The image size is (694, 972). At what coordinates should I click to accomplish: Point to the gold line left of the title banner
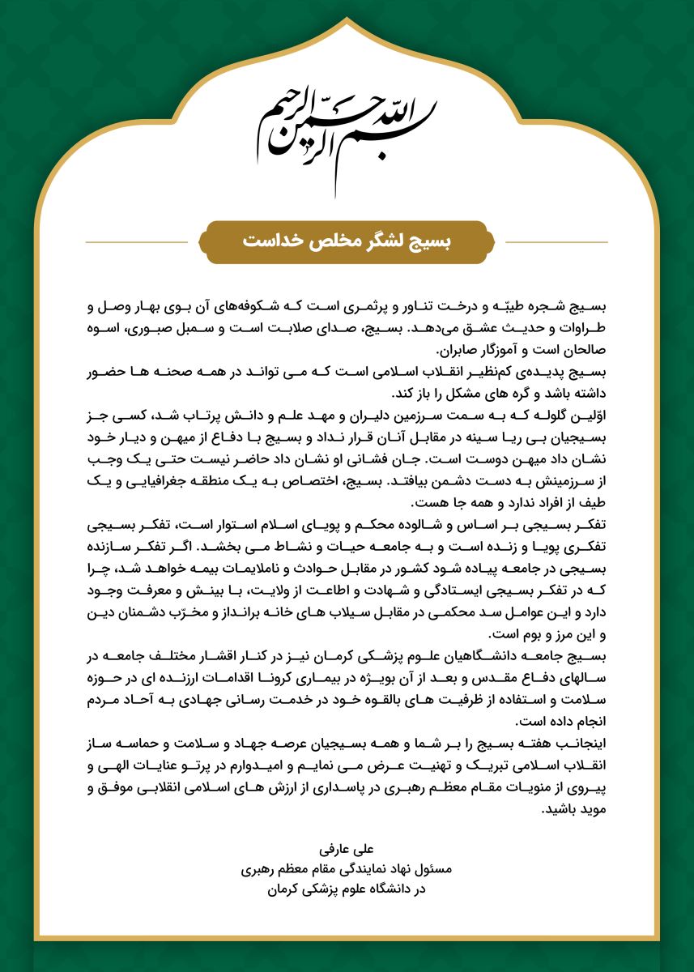pyautogui.click(x=142, y=242)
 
